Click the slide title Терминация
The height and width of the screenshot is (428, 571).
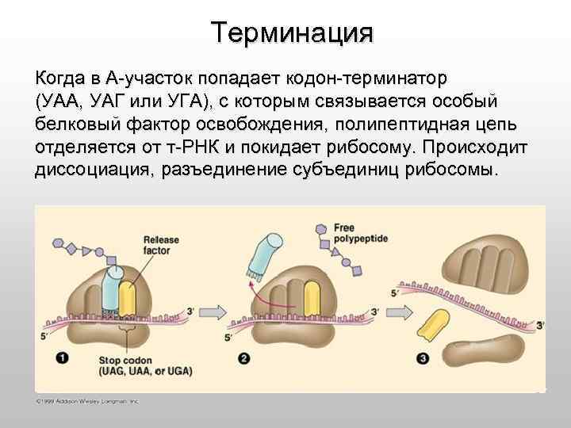click(291, 32)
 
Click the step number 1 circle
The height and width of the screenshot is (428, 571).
click(62, 357)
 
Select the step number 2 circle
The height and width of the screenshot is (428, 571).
click(244, 359)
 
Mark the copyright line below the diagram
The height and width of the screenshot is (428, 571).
click(87, 401)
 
